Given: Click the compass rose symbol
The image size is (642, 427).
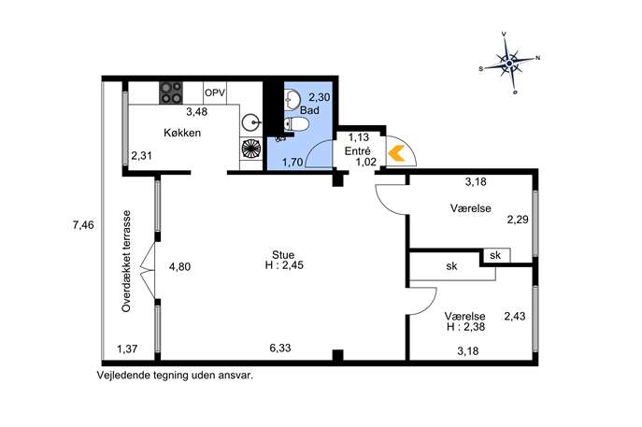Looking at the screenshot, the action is [x=509, y=64].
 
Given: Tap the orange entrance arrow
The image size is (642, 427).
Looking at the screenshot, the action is [x=396, y=153].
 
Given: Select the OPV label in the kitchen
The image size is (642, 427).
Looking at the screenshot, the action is [x=215, y=93].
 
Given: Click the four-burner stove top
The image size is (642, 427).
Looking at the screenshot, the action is [x=171, y=93].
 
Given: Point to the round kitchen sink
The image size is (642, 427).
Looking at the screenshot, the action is [x=250, y=122].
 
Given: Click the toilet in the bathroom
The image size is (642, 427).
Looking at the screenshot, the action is [x=295, y=124].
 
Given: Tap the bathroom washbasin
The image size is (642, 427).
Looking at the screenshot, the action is [x=292, y=100].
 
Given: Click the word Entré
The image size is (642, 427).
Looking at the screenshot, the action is [x=357, y=150].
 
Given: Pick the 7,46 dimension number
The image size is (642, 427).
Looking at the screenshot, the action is [x=83, y=225].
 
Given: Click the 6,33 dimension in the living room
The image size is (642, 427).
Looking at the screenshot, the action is [x=280, y=348].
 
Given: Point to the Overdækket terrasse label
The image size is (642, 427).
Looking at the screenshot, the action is [x=126, y=262].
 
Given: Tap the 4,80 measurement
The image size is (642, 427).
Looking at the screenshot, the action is [x=179, y=267].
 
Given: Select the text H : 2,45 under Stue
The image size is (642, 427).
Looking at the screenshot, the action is [x=284, y=265].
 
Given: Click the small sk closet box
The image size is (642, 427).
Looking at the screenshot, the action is [x=496, y=255].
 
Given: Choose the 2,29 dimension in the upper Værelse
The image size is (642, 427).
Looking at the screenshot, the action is [x=518, y=220].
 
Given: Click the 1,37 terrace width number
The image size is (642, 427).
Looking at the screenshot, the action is [x=127, y=349].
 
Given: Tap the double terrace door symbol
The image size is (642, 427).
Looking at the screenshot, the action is [x=148, y=270].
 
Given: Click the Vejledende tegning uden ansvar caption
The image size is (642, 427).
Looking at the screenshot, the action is [x=175, y=376].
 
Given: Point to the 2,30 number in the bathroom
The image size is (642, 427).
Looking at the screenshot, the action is [x=320, y=97].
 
